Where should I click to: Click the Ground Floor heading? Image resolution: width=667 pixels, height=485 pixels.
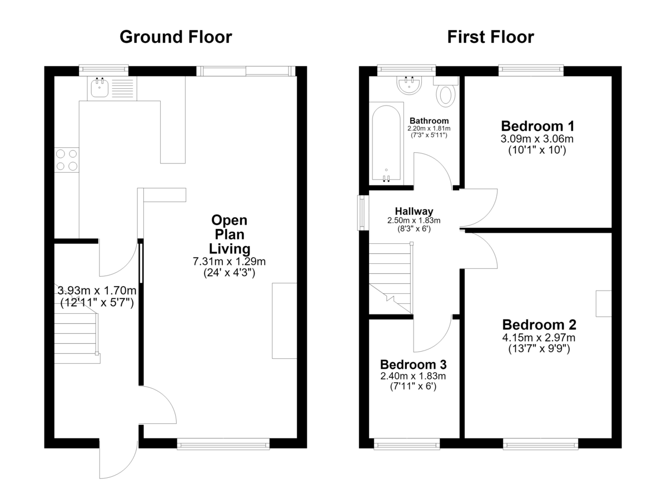point(176,37)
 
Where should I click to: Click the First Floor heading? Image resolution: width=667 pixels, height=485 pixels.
point(490,37)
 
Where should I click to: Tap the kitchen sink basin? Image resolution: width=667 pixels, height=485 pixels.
point(99,87)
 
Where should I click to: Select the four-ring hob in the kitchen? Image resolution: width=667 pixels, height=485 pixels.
point(67,160)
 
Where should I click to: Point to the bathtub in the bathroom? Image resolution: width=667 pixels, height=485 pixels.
point(386,143)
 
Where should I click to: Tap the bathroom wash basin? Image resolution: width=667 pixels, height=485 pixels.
point(409,86)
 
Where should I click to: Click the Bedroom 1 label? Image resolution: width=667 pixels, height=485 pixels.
point(537,126)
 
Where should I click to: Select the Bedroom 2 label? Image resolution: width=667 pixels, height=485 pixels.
point(539,324)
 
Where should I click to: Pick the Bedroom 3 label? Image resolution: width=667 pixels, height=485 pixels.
point(414,364)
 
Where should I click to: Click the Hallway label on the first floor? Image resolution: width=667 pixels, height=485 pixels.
point(414,211)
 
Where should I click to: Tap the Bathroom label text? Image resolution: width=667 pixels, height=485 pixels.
point(429,121)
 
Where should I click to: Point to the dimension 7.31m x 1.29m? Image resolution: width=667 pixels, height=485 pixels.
point(229,262)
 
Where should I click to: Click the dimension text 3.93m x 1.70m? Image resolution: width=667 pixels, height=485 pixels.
point(97,291)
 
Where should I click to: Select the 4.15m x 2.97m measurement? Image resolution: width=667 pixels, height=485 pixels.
point(539,338)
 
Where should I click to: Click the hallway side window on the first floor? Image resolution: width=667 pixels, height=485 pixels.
point(363,212)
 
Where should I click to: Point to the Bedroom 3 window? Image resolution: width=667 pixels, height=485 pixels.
point(407,445)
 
